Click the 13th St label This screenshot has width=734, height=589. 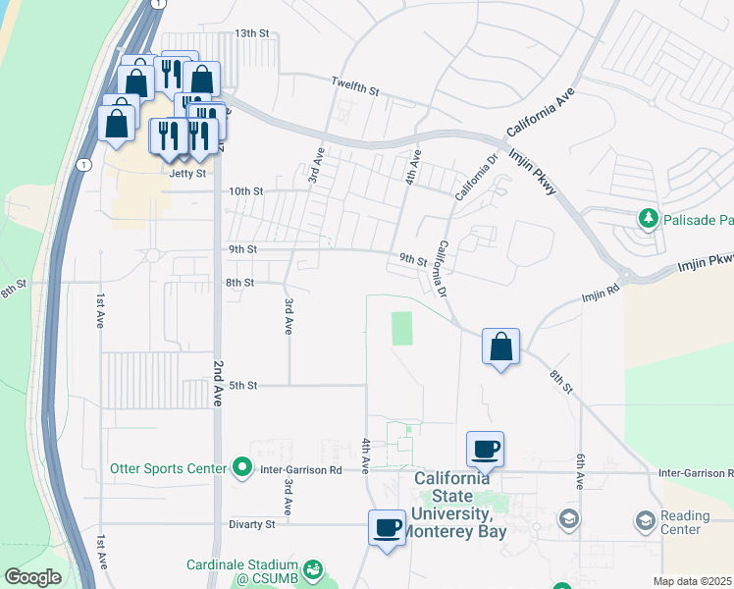250,33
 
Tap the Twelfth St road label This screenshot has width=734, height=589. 355,86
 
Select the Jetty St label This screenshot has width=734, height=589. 187,173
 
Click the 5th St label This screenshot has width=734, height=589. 242,386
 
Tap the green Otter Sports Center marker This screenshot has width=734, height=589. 242,468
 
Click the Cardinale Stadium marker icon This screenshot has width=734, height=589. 313,568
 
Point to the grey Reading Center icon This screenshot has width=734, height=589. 646,519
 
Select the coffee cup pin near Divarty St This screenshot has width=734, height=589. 387,528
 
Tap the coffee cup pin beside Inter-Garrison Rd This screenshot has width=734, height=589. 485,449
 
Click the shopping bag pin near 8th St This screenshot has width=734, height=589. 501,347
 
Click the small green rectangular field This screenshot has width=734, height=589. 402,328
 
